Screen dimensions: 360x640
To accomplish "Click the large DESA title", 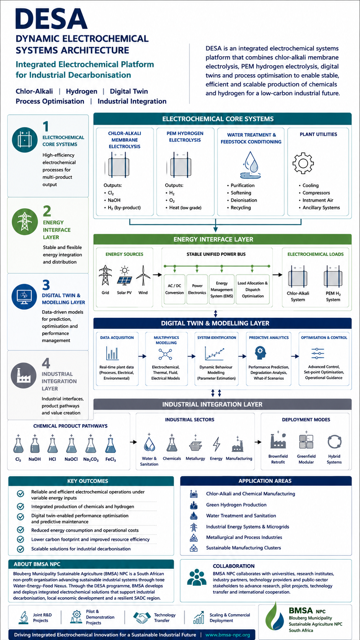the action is pyautogui.click(x=51, y=19).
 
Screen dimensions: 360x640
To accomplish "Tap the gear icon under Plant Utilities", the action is pyautogui.click(x=303, y=163).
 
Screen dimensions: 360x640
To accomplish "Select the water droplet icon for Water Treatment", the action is pyautogui.click(x=250, y=165).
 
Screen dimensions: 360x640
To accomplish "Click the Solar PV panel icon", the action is pyautogui.click(x=124, y=276).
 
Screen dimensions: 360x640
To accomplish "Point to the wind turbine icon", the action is pyautogui.click(x=143, y=276).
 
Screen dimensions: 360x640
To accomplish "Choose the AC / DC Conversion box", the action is pyautogui.click(x=174, y=289).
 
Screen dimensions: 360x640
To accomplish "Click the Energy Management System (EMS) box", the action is pyautogui.click(x=222, y=289).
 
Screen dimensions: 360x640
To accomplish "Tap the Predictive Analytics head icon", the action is pyautogui.click(x=260, y=353).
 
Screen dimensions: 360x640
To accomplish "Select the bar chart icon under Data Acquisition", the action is pyautogui.click(x=112, y=353).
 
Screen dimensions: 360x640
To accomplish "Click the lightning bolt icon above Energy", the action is pyautogui.click(x=217, y=444).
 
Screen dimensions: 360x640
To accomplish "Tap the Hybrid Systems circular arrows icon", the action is pyautogui.click(x=334, y=442).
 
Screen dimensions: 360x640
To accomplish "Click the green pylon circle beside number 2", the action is pyautogui.click(x=25, y=222).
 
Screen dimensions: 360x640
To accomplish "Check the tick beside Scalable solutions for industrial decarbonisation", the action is pyautogui.click(x=21, y=549).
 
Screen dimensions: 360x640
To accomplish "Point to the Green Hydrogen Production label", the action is pyautogui.click(x=236, y=505).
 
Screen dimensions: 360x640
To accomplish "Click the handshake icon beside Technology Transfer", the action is pyautogui.click(x=142, y=617).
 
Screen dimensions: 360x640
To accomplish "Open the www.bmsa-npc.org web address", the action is pyautogui.click(x=228, y=635).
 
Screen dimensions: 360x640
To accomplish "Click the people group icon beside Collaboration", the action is pyautogui.click(x=197, y=577).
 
